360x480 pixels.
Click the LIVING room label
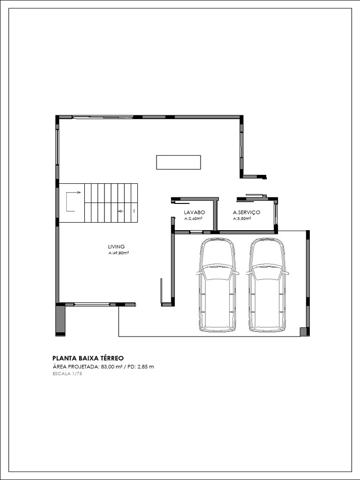point(116,247)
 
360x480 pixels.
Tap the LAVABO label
point(194,212)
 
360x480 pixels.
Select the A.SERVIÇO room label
point(247,212)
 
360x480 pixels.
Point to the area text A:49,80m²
point(119,253)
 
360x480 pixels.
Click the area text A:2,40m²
point(193,218)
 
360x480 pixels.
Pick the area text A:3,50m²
point(242,218)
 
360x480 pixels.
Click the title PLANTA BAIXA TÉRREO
point(88,357)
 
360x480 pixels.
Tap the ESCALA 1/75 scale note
point(67,374)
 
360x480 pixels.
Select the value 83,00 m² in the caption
point(112,367)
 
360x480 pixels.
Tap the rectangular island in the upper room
point(179,162)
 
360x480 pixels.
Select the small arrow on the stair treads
point(120,211)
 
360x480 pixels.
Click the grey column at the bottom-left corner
point(60,320)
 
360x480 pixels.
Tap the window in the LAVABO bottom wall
point(196,232)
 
